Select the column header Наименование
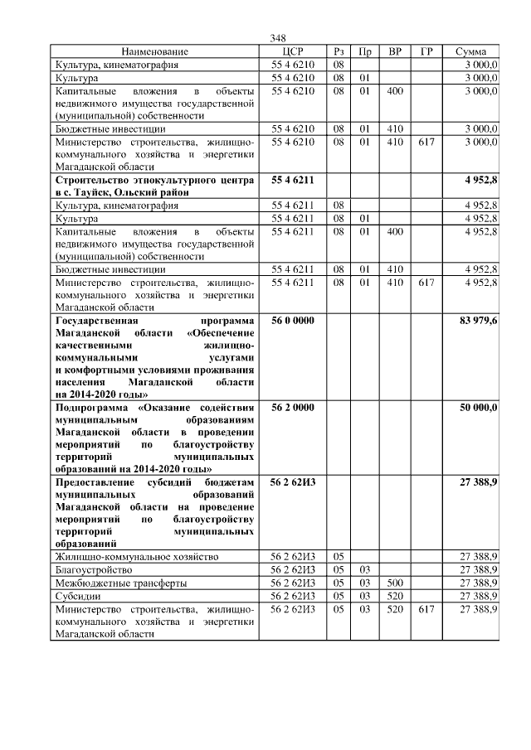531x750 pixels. [x=155, y=51]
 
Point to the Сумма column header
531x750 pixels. [x=470, y=51]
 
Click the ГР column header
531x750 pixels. [x=426, y=51]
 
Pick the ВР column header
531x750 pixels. [x=395, y=51]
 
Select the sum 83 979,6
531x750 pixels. [x=477, y=321]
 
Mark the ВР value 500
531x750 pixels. [x=395, y=583]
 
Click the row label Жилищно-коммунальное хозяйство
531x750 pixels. [x=137, y=556]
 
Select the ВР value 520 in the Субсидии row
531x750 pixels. [x=395, y=596]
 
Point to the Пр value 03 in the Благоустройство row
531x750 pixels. [x=364, y=569]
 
